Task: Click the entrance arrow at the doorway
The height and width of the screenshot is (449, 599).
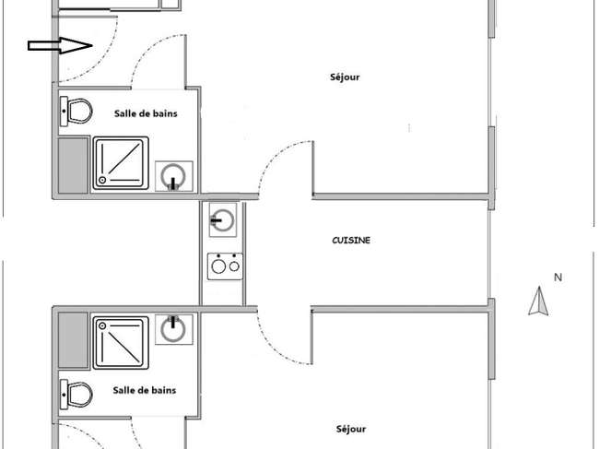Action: point(60,46)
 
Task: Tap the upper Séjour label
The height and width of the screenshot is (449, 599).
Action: point(345,77)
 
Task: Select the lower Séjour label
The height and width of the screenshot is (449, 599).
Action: point(351,429)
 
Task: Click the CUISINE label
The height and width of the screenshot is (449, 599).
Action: point(351,241)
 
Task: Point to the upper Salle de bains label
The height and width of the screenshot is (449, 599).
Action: point(146,113)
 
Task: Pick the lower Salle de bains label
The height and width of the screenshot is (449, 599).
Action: point(145,390)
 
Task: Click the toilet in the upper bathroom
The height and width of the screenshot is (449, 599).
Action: point(76,112)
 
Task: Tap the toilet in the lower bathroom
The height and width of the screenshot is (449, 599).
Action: point(76,395)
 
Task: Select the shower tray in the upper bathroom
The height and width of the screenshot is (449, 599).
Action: point(121,163)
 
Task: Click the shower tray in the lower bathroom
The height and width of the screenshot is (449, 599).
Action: point(121,343)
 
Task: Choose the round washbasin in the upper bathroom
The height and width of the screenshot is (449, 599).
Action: point(173,176)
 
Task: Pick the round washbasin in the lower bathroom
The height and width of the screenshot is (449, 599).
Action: point(173,329)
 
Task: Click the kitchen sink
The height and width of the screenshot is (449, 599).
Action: point(223,219)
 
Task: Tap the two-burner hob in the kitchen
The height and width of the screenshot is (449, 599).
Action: point(225,266)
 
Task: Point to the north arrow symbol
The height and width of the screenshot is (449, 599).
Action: point(539,301)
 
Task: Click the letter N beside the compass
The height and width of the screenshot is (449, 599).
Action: point(558,278)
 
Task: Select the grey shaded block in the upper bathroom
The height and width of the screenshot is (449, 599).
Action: point(74,165)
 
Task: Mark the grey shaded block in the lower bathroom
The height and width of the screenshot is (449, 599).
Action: point(74,340)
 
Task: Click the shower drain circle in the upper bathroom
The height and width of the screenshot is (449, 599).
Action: point(102,180)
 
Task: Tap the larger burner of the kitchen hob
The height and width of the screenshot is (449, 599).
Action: point(218,266)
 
